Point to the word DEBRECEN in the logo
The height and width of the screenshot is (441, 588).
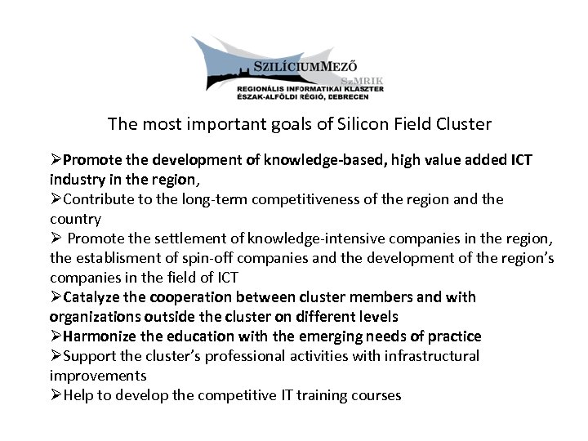tap(346, 96)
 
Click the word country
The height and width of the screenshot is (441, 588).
tap(75, 219)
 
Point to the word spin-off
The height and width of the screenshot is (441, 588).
tap(220, 258)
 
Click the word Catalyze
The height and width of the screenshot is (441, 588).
tap(91, 297)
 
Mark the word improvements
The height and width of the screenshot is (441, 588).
tap(98, 376)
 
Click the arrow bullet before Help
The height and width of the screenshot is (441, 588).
tap(56, 395)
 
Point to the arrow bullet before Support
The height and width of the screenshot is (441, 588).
tap(56, 356)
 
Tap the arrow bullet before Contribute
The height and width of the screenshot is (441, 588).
tap(56, 199)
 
